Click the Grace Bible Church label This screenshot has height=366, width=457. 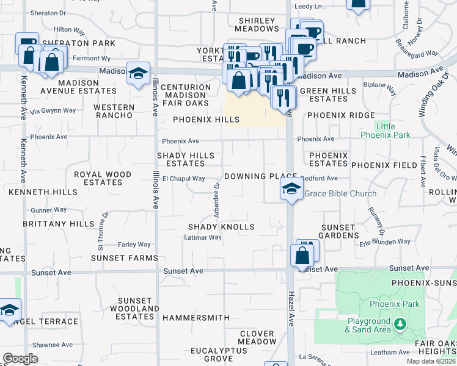pos(340,194)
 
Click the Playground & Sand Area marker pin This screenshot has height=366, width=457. pos(400,323)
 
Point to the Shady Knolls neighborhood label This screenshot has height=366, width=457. pos(221,227)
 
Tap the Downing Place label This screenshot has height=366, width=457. pos(252,176)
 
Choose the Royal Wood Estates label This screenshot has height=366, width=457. pos(103,178)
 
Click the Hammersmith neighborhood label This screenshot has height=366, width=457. pos(196,318)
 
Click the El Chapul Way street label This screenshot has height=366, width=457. pos(183,179)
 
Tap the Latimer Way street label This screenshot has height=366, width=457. pos(203,238)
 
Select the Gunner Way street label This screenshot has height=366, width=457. pos(48,210)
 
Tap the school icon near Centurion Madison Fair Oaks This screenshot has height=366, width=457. pos(139,73)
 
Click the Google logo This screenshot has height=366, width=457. pos(20,359)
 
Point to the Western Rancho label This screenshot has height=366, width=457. pos(114,111)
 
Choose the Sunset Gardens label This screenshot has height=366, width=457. pos(338,231)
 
